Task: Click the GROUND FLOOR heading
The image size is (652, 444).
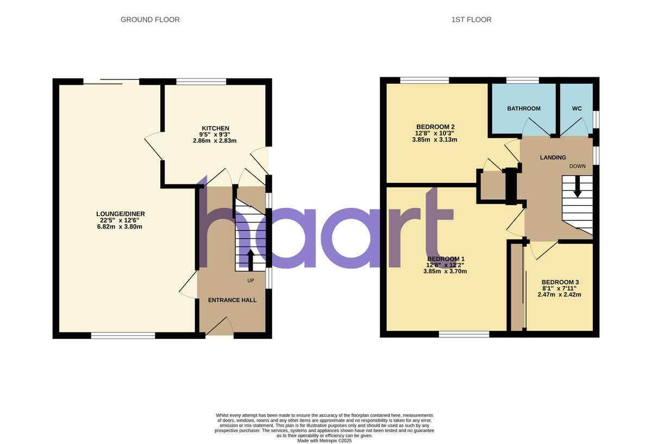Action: (150, 20)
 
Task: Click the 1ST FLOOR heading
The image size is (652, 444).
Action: (471, 20)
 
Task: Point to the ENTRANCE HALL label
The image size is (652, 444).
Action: (233, 300)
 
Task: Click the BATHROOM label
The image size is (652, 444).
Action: (524, 109)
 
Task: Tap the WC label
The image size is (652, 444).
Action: (577, 109)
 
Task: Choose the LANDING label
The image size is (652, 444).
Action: (553, 158)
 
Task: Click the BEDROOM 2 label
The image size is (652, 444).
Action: (435, 127)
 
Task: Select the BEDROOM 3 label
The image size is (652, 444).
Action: (560, 282)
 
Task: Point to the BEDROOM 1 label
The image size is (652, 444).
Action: (446, 258)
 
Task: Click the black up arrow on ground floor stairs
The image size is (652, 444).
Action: (250, 259)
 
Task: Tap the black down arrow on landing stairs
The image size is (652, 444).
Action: (577, 188)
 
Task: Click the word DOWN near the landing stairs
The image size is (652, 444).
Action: (578, 166)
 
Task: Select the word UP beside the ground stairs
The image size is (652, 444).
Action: (250, 281)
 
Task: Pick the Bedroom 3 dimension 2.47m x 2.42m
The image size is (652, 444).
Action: (560, 294)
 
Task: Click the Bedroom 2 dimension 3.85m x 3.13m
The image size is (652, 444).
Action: (435, 139)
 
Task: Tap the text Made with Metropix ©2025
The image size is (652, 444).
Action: (324, 440)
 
